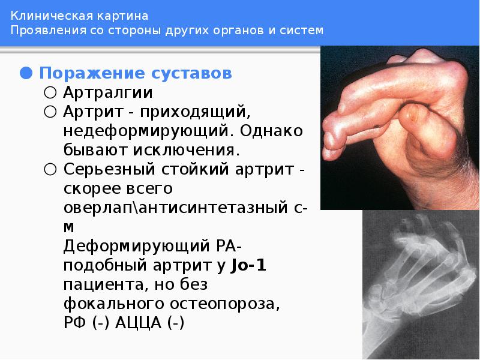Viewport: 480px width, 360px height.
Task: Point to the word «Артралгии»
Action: (107, 93)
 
